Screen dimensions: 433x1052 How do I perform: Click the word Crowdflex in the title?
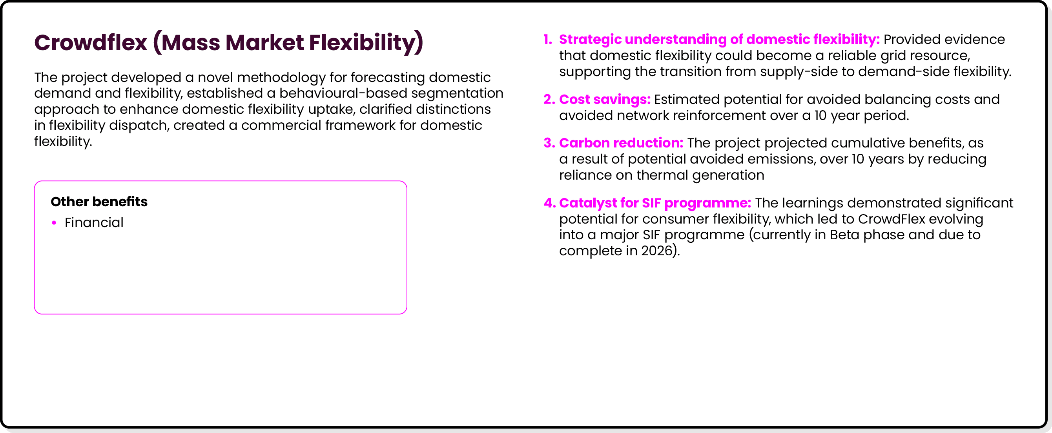tap(90, 42)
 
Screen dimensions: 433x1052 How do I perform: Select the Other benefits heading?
tap(99, 202)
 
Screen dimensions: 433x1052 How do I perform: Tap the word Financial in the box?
tap(94, 222)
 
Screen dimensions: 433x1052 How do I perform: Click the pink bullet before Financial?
tap(54, 222)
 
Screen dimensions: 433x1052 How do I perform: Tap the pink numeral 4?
tap(549, 203)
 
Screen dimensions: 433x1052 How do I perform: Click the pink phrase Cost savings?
tap(604, 99)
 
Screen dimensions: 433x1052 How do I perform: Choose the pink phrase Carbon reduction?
tap(621, 143)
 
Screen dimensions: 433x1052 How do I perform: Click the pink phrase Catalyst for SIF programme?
tap(655, 203)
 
